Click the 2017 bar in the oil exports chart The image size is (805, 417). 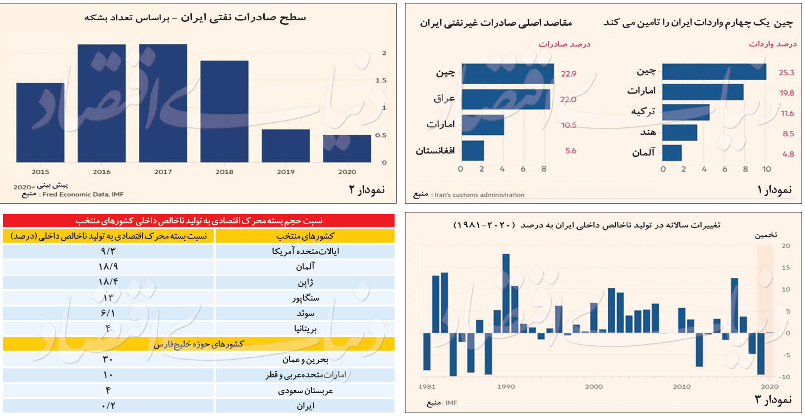pyautogui.click(x=163, y=103)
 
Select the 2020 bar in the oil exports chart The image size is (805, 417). pyautogui.click(x=346, y=148)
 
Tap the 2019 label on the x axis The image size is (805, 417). pyautogui.click(x=286, y=172)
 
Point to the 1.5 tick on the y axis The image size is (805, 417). pyautogui.click(x=381, y=80)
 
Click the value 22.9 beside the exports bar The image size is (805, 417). pyautogui.click(x=569, y=74)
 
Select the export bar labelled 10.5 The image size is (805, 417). pyautogui.click(x=483, y=125)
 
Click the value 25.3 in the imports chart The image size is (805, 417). pyautogui.click(x=786, y=73)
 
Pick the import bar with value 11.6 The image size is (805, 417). pyautogui.click(x=686, y=112)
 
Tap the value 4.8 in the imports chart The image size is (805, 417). pyautogui.click(x=788, y=154)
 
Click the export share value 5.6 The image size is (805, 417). pyautogui.click(x=571, y=151)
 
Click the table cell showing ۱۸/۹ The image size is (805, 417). pyautogui.click(x=108, y=267)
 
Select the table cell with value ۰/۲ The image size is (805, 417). pyautogui.click(x=108, y=406)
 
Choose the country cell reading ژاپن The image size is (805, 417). pyautogui.click(x=305, y=282)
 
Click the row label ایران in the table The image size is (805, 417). pyautogui.click(x=305, y=406)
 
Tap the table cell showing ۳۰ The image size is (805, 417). pyautogui.click(x=108, y=360)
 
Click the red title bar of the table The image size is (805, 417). pyautogui.click(x=198, y=220)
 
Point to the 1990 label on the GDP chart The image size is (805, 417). pyautogui.click(x=506, y=387)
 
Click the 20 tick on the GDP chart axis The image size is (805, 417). pyautogui.click(x=786, y=246)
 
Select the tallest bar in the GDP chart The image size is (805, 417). pyautogui.click(x=506, y=293)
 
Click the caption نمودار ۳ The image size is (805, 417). pyautogui.click(x=773, y=399)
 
